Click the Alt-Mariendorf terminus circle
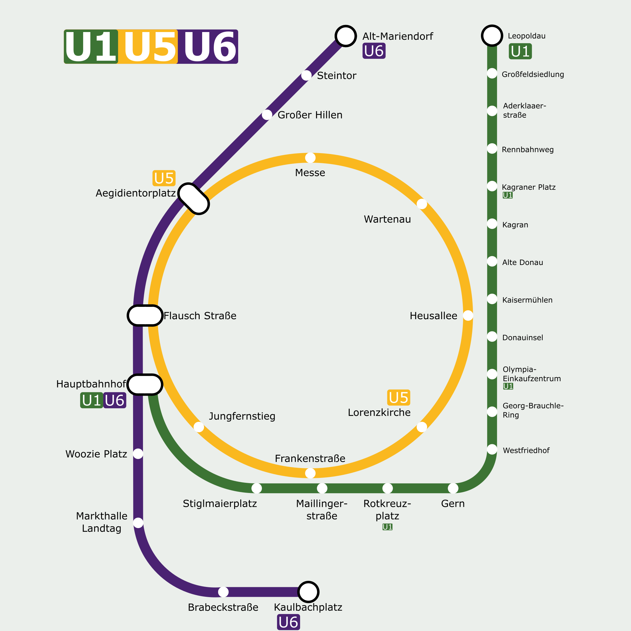click(x=346, y=36)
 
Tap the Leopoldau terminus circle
click(x=492, y=36)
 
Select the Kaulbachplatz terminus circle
click(x=308, y=592)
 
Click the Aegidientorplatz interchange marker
click(x=194, y=199)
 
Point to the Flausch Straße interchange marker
click(x=145, y=315)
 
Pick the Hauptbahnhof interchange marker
click(x=145, y=385)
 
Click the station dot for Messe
click(x=310, y=158)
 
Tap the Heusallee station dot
click(x=468, y=315)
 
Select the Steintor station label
click(x=336, y=76)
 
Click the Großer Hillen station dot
click(x=267, y=115)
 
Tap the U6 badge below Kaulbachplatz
click(x=289, y=622)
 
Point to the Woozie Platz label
click(x=96, y=454)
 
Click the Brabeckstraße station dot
click(x=223, y=592)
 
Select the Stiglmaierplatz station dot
click(x=257, y=488)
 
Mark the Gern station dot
click(x=453, y=488)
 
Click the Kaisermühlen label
click(x=527, y=300)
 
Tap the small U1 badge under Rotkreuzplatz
click(x=387, y=527)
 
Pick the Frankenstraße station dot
click(x=310, y=473)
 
